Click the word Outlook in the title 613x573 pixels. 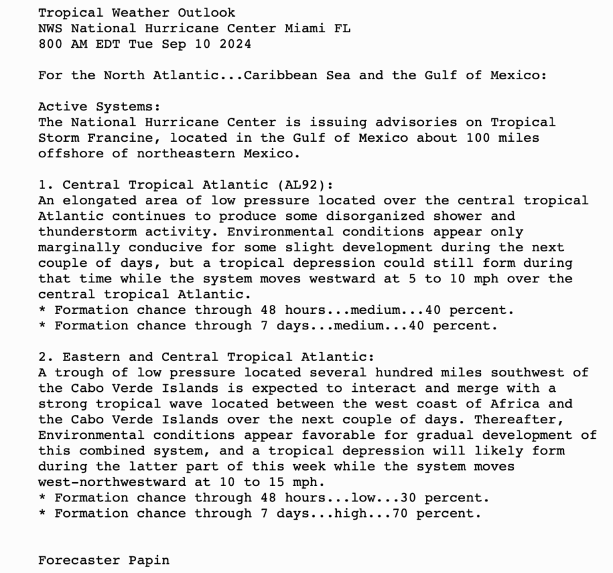[x=210, y=12]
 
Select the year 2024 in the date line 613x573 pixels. [x=235, y=44]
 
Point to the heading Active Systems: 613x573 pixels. [x=99, y=106]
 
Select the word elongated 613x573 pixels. [x=99, y=200]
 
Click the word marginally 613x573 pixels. [x=79, y=247]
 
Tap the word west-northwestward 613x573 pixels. [x=112, y=481]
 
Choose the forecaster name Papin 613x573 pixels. [x=148, y=559]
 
